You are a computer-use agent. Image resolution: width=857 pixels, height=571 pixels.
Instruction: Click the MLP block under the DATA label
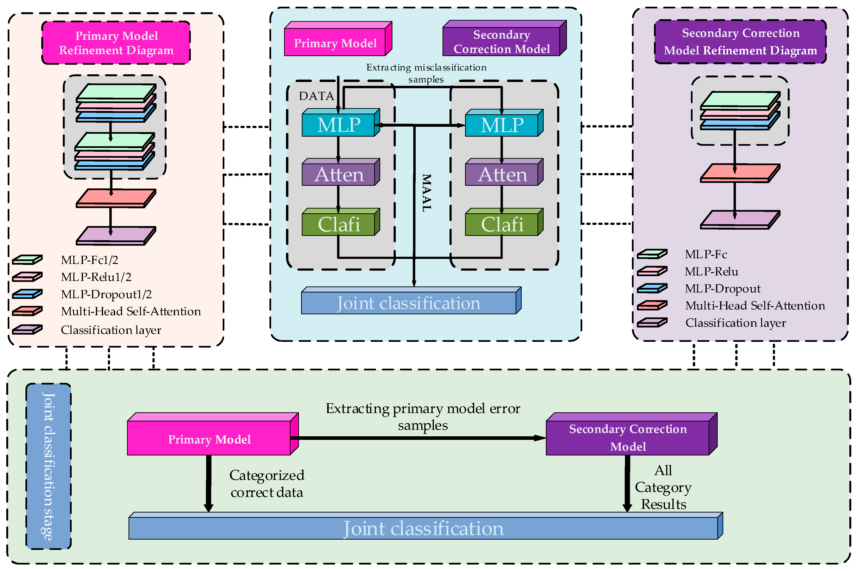pyautogui.click(x=341, y=123)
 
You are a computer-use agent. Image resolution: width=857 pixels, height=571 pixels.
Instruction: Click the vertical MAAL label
pyautogui.click(x=426, y=193)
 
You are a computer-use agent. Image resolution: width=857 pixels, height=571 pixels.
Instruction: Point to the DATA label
pyautogui.click(x=316, y=96)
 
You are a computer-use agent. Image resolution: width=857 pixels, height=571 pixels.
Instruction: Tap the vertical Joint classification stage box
pyautogui.click(x=48, y=466)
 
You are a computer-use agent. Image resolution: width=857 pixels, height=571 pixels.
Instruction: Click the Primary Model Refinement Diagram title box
pyautogui.click(x=116, y=43)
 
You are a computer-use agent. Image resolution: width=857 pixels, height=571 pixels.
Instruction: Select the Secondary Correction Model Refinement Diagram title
pyautogui.click(x=740, y=41)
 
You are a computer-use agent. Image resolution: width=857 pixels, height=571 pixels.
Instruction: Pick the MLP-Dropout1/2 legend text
pyautogui.click(x=106, y=294)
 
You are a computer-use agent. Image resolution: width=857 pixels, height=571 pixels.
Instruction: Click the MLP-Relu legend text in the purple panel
pyautogui.click(x=711, y=272)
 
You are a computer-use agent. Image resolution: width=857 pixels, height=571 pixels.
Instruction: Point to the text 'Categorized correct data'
pyautogui.click(x=267, y=484)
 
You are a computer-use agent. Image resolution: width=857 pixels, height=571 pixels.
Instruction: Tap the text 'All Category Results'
pyautogui.click(x=663, y=487)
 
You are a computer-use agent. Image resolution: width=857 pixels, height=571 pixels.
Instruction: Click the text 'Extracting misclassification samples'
pyautogui.click(x=426, y=73)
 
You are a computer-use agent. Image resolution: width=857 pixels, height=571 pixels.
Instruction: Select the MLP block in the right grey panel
pyautogui.click(x=504, y=123)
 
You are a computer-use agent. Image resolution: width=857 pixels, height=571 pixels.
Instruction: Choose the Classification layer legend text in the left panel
pyautogui.click(x=111, y=330)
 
